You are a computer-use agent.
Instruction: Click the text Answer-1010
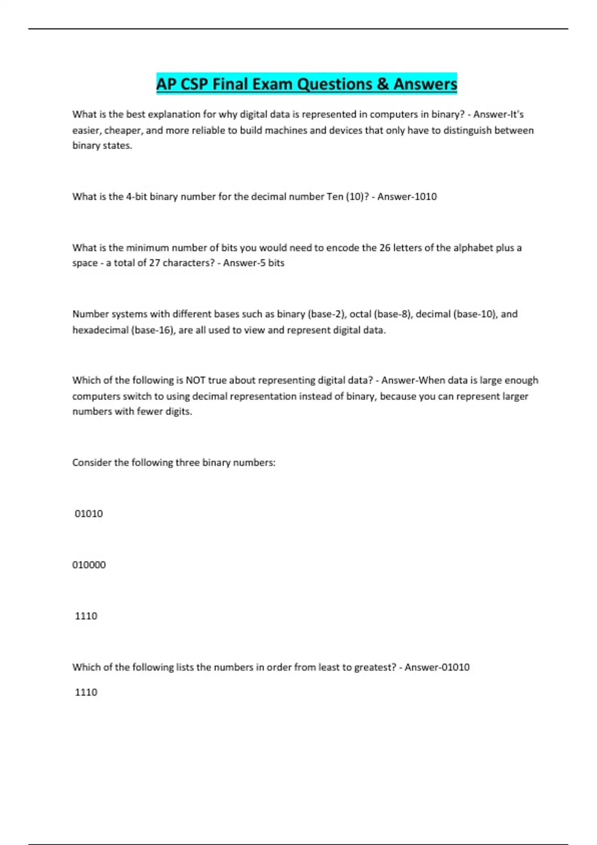pyautogui.click(x=407, y=196)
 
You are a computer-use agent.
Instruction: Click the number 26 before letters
pyautogui.click(x=385, y=248)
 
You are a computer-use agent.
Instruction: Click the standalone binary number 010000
pyautogui.click(x=89, y=565)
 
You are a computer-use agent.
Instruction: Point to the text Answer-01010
pyautogui.click(x=437, y=667)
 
